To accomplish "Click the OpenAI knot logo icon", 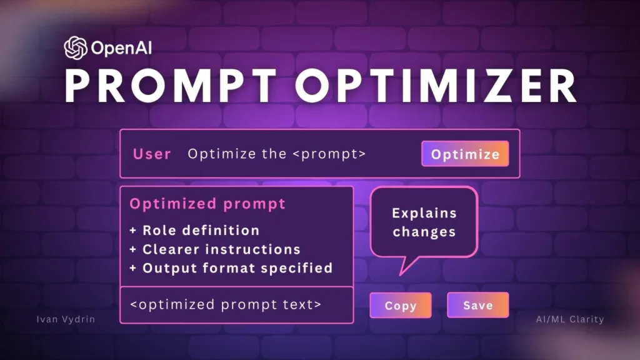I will pos(75,47).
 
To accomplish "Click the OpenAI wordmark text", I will pos(121,47).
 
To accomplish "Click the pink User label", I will pos(152,154).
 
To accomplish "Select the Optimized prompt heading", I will pos(207,204).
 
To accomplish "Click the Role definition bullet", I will pos(201,230).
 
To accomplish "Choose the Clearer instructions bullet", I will pos(221,249).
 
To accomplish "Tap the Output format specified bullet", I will pos(237,267).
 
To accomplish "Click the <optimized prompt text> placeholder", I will pos(226,305).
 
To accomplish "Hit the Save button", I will pos(477,306).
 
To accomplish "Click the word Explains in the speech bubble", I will pos(424,213).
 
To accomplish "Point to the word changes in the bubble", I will pos(424,232).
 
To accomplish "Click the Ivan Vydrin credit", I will pos(66,319).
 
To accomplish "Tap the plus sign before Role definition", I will pos(133,231).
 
